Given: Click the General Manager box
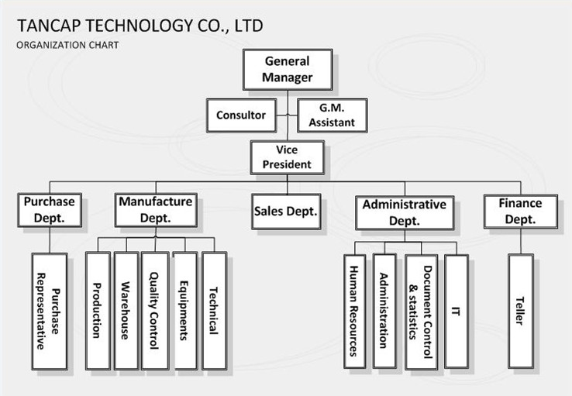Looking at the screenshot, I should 287,70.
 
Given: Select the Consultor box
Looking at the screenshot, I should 240,115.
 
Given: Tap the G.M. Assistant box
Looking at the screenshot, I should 332,115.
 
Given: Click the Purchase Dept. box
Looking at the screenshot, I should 49,209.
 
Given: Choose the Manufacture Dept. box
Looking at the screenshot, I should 155,209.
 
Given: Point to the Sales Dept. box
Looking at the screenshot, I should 287,212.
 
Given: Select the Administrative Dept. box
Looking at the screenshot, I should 405,212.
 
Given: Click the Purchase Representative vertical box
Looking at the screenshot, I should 49,310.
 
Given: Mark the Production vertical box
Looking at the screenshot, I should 98,310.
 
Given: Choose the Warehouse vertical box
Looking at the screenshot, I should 126,310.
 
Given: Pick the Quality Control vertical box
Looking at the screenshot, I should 154,310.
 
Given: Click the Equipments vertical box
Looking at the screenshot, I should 184,310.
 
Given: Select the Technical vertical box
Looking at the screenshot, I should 214,310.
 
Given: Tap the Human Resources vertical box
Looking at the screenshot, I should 354,310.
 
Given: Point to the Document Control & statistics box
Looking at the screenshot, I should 422,310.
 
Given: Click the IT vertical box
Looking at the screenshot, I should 457,310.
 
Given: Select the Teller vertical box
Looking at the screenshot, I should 521,310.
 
